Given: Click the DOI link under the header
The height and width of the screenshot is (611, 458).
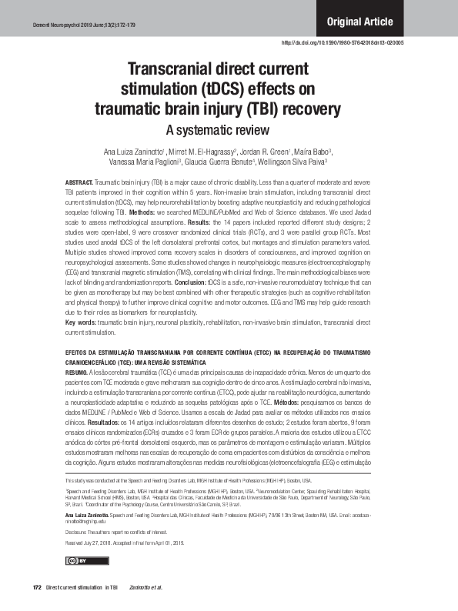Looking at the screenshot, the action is click(x=343, y=42).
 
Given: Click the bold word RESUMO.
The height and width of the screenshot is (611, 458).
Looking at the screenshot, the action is click(x=77, y=370).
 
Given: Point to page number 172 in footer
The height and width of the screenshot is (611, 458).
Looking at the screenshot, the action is click(x=36, y=589).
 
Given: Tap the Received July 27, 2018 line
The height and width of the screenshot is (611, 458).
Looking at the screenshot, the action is click(x=120, y=544).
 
